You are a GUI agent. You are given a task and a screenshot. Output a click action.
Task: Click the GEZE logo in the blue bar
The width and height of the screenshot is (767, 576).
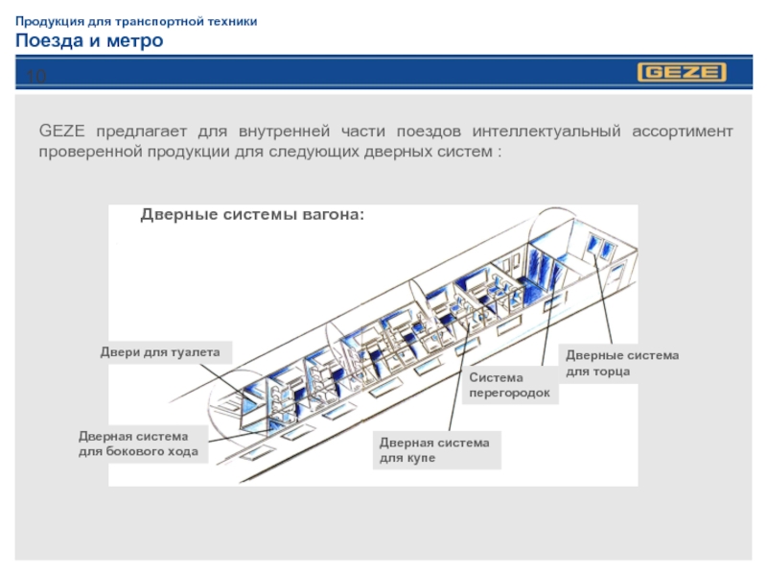(x=682, y=73)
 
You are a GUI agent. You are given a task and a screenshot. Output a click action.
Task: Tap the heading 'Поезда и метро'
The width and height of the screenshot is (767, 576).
(x=89, y=40)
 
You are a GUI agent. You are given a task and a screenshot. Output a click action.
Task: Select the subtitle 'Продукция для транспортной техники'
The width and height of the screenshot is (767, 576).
(x=135, y=20)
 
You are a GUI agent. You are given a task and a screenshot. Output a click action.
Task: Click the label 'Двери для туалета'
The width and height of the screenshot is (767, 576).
(x=160, y=352)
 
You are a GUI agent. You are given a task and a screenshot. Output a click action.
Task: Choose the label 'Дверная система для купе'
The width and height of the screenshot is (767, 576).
(x=434, y=450)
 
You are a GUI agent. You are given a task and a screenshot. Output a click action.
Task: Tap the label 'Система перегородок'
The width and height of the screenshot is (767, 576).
(x=509, y=386)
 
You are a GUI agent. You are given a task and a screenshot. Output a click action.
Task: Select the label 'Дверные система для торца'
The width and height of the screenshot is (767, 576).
(x=622, y=363)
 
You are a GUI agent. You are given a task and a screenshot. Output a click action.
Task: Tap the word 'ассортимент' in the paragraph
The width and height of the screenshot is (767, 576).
(x=683, y=131)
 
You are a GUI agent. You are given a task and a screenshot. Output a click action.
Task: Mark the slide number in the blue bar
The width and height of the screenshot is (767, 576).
(x=36, y=74)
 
